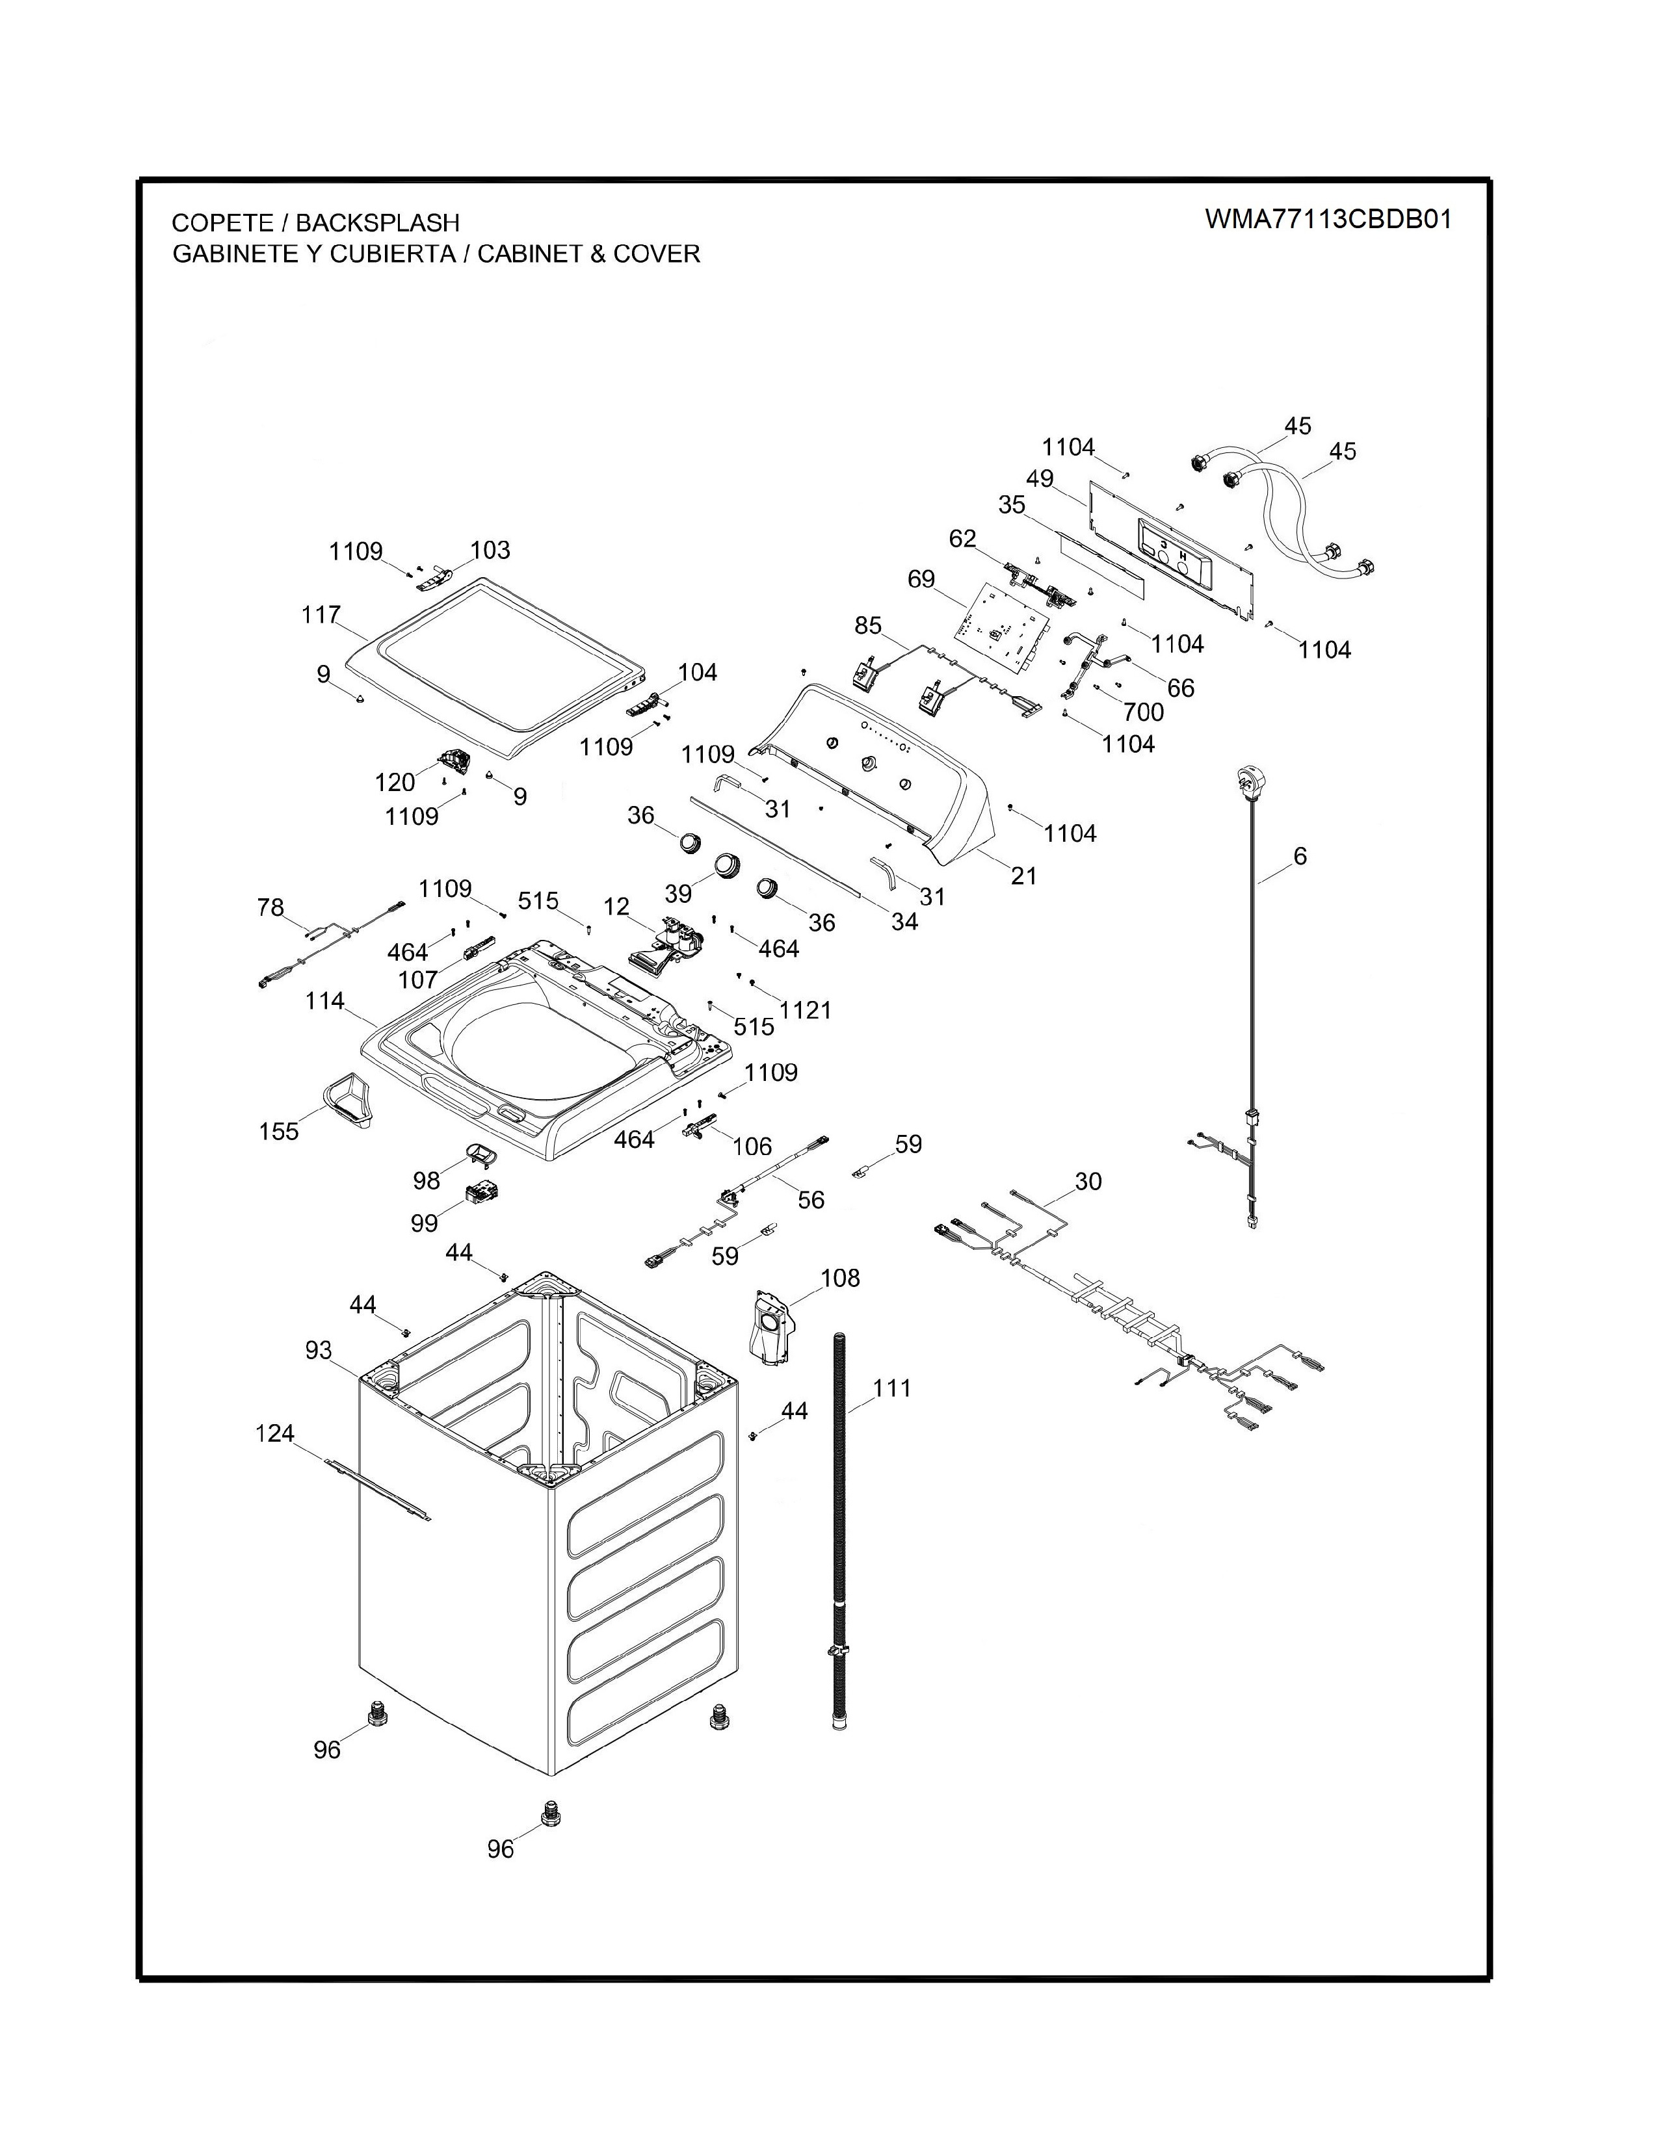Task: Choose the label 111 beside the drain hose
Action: (x=892, y=1388)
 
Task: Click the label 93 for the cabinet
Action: (x=318, y=1351)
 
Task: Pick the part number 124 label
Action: (x=275, y=1433)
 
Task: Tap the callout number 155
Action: (x=278, y=1132)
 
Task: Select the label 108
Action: (x=840, y=1278)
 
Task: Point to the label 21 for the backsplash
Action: (x=1023, y=875)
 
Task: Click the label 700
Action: (x=1143, y=711)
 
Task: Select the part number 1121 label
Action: (x=806, y=1009)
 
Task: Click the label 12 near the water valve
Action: (x=616, y=905)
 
